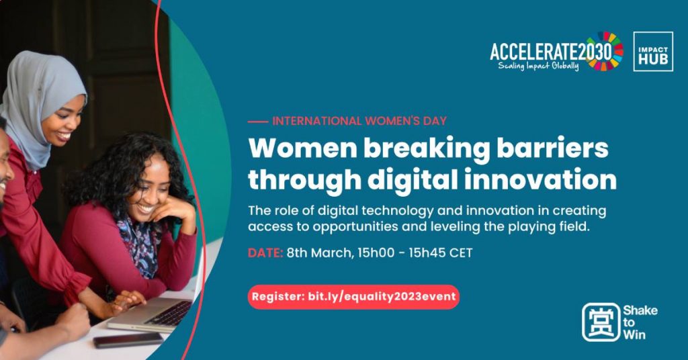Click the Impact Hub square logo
[x=653, y=51]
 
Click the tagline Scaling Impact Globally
[x=538, y=66]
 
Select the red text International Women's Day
[x=359, y=121]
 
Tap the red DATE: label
[x=265, y=253]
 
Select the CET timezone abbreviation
[x=460, y=253]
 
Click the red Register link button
[x=353, y=297]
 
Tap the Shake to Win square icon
[x=601, y=322]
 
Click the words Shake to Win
[x=640, y=322]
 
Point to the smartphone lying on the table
[x=128, y=340]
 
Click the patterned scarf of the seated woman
[x=140, y=243]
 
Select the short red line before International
[x=257, y=122]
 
